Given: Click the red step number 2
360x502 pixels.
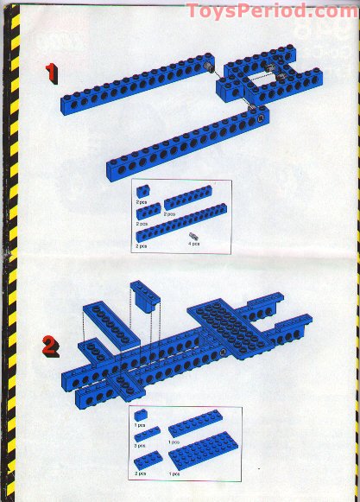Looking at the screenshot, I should [51, 347].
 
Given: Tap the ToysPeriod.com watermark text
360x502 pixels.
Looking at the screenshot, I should [272, 11].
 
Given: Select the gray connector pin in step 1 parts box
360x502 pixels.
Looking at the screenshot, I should [193, 234].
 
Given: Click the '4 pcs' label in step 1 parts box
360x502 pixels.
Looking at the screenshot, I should [194, 244].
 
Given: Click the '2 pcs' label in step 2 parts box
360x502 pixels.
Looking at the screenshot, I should [142, 473].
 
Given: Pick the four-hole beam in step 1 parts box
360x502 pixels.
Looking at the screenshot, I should [149, 210].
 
